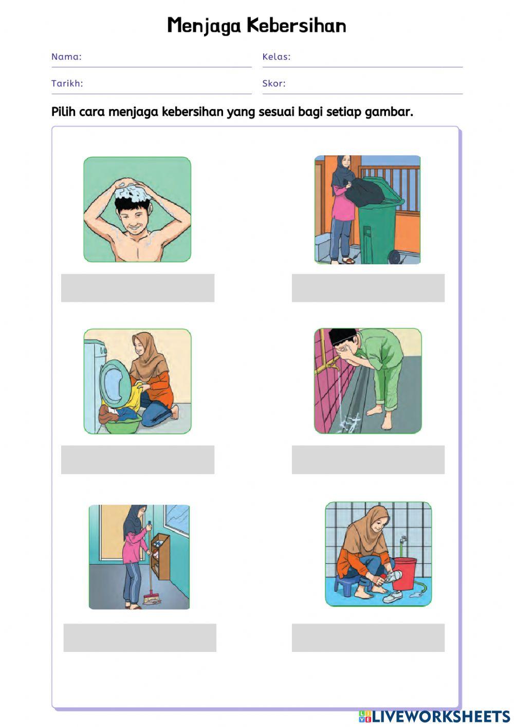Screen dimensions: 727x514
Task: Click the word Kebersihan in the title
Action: (296, 25)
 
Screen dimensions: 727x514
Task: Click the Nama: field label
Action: (66, 57)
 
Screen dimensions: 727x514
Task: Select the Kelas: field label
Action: (276, 57)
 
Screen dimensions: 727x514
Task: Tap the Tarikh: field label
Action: (67, 83)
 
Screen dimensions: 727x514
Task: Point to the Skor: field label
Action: (273, 83)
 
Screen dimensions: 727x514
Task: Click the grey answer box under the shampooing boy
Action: (137, 287)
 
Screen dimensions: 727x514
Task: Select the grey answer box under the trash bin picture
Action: (368, 287)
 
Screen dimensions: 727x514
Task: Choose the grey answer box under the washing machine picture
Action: (137, 459)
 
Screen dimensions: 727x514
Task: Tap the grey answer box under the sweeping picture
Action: (140, 638)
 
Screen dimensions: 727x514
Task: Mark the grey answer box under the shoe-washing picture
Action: (368, 638)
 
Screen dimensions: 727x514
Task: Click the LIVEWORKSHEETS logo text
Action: (440, 717)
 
